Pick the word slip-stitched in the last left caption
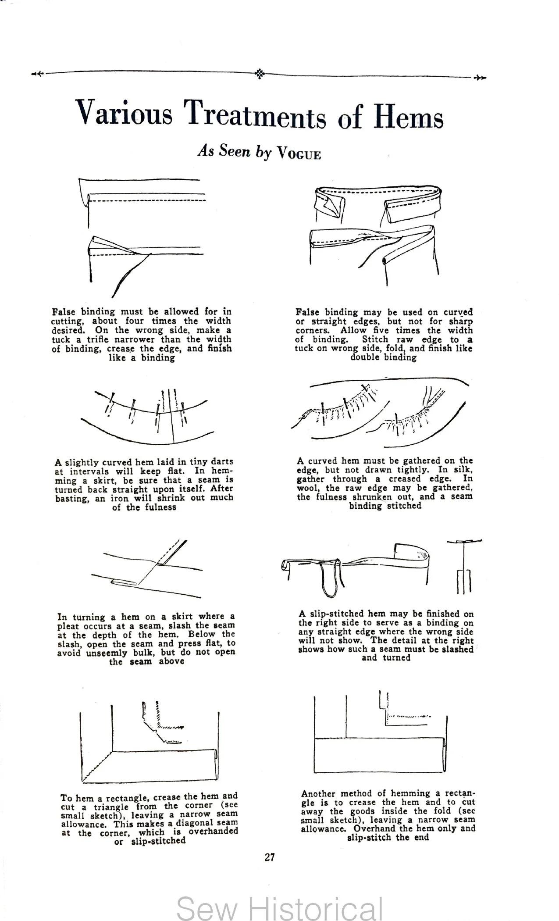(158, 841)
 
